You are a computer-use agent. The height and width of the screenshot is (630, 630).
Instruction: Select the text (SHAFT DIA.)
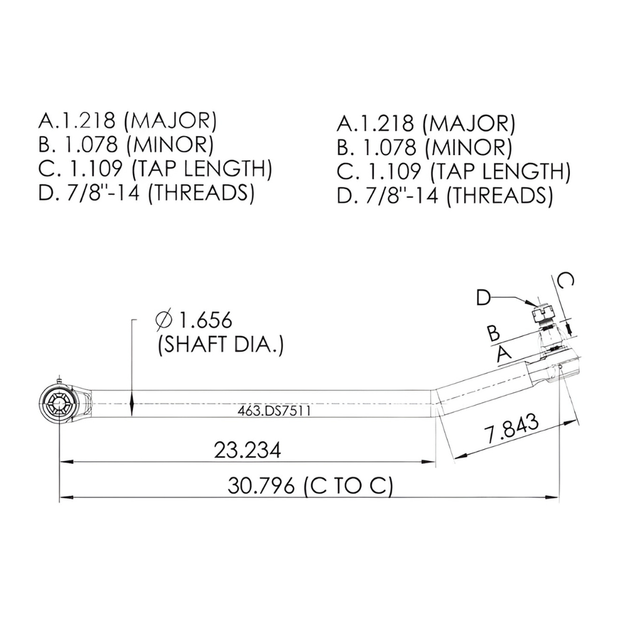220,345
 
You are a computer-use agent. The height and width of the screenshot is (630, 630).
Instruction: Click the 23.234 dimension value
247,450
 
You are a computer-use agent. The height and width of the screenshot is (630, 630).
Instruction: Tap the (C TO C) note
348,486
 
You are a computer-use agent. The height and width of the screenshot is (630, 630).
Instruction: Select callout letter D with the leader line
484,298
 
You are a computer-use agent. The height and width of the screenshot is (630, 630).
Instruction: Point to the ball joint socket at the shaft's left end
59,405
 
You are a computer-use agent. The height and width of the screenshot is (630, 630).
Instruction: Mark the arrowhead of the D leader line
533,303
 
